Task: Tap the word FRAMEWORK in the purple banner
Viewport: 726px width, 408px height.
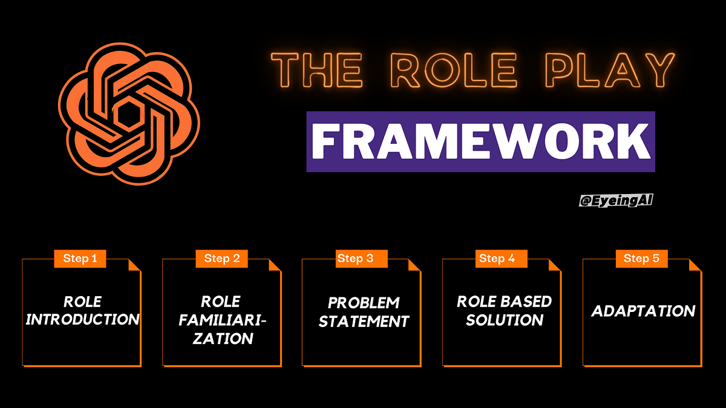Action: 480,141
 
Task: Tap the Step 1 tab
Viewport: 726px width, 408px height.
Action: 80,259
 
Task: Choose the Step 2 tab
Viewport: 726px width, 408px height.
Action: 221,259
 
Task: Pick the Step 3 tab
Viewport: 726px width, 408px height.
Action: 355,259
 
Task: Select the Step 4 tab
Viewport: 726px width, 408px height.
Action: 497,259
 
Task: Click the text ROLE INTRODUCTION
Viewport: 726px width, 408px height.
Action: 82,310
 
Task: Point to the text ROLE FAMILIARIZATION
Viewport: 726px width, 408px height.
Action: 222,319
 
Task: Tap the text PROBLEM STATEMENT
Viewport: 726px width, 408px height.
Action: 364,312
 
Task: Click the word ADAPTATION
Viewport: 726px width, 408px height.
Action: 643,311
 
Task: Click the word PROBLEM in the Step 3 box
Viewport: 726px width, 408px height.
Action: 364,302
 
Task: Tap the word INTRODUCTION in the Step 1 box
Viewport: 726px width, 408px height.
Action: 82,319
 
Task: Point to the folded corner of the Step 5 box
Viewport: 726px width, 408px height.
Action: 695,265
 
